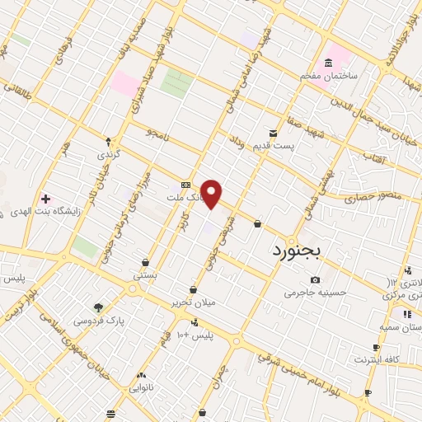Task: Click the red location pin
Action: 212,194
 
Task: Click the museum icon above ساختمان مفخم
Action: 329,63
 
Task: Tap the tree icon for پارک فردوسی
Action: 99,307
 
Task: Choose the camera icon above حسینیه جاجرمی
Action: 316,280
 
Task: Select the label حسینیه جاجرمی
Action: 315,293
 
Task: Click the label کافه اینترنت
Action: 377,359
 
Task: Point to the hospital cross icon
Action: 45,198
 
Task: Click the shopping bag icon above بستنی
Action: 145,262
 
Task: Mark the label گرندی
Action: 109,154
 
